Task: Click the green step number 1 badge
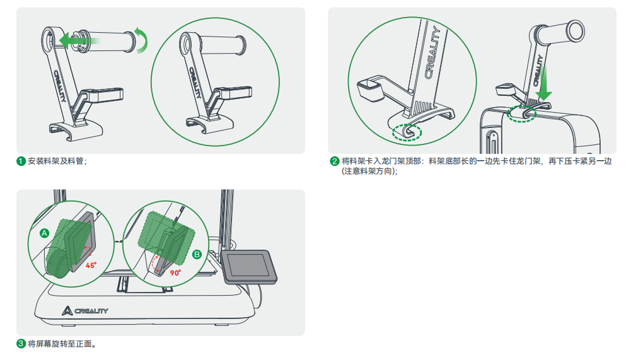21,161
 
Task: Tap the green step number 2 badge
335,161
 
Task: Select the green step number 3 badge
21,344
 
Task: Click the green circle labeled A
44,233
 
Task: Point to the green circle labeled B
197,254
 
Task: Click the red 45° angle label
91,265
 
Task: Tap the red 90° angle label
176,272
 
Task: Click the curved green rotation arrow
142,40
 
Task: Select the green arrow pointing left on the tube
79,40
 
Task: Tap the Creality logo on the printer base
85,311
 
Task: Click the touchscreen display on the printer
250,266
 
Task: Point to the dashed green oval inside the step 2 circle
407,132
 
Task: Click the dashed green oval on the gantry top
521,114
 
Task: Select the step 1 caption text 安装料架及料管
55,161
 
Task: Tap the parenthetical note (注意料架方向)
369,171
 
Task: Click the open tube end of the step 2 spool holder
576,30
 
